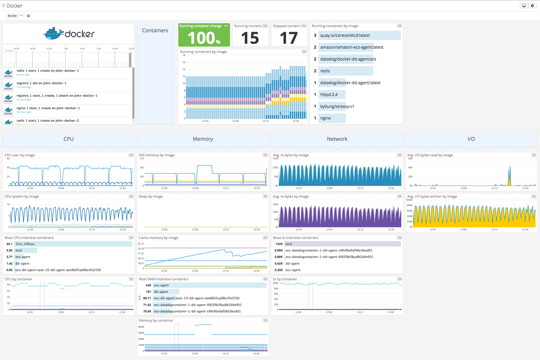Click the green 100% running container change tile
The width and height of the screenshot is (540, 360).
(204, 35)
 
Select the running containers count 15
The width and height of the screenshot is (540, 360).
(250, 38)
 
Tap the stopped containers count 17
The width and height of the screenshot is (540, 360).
(289, 38)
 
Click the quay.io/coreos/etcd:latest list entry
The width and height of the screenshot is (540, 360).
(345, 35)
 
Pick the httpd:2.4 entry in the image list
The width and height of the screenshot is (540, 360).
(329, 94)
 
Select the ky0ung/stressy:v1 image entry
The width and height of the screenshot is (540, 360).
(337, 106)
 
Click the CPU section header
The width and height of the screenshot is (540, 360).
(68, 139)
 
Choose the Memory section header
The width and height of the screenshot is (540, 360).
(203, 139)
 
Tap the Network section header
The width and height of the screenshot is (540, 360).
(337, 139)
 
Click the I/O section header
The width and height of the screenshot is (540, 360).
(471, 139)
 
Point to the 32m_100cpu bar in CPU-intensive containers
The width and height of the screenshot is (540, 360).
(73, 244)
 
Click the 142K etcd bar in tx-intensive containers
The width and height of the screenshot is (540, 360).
(342, 244)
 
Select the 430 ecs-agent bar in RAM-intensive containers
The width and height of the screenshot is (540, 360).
(209, 285)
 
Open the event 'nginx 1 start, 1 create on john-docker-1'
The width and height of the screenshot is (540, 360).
(48, 108)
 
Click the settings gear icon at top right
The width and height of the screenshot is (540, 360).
(532, 6)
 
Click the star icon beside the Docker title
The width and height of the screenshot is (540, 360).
(3, 6)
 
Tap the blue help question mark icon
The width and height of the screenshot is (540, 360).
(28, 16)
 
